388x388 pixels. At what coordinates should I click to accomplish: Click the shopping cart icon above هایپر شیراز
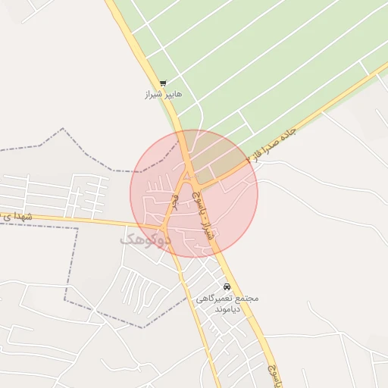pos(163,84)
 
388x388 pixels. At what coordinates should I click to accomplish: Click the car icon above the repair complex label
pos(227,286)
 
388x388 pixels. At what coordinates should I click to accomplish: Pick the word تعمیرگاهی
pos(213,299)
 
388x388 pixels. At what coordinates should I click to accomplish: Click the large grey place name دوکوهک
pos(145,238)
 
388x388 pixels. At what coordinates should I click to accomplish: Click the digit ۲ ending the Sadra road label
pos(249,161)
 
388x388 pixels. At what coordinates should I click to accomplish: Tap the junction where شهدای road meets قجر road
pos(164,227)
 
